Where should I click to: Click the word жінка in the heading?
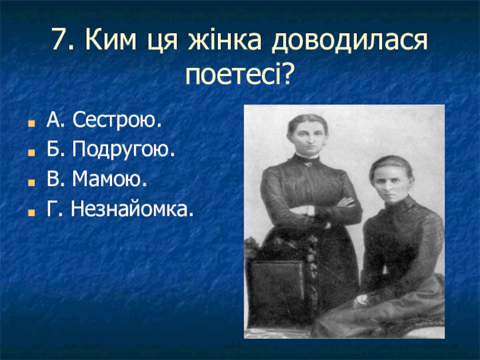click(224, 40)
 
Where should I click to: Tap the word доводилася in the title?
click(350, 40)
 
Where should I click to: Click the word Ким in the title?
click(110, 40)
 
